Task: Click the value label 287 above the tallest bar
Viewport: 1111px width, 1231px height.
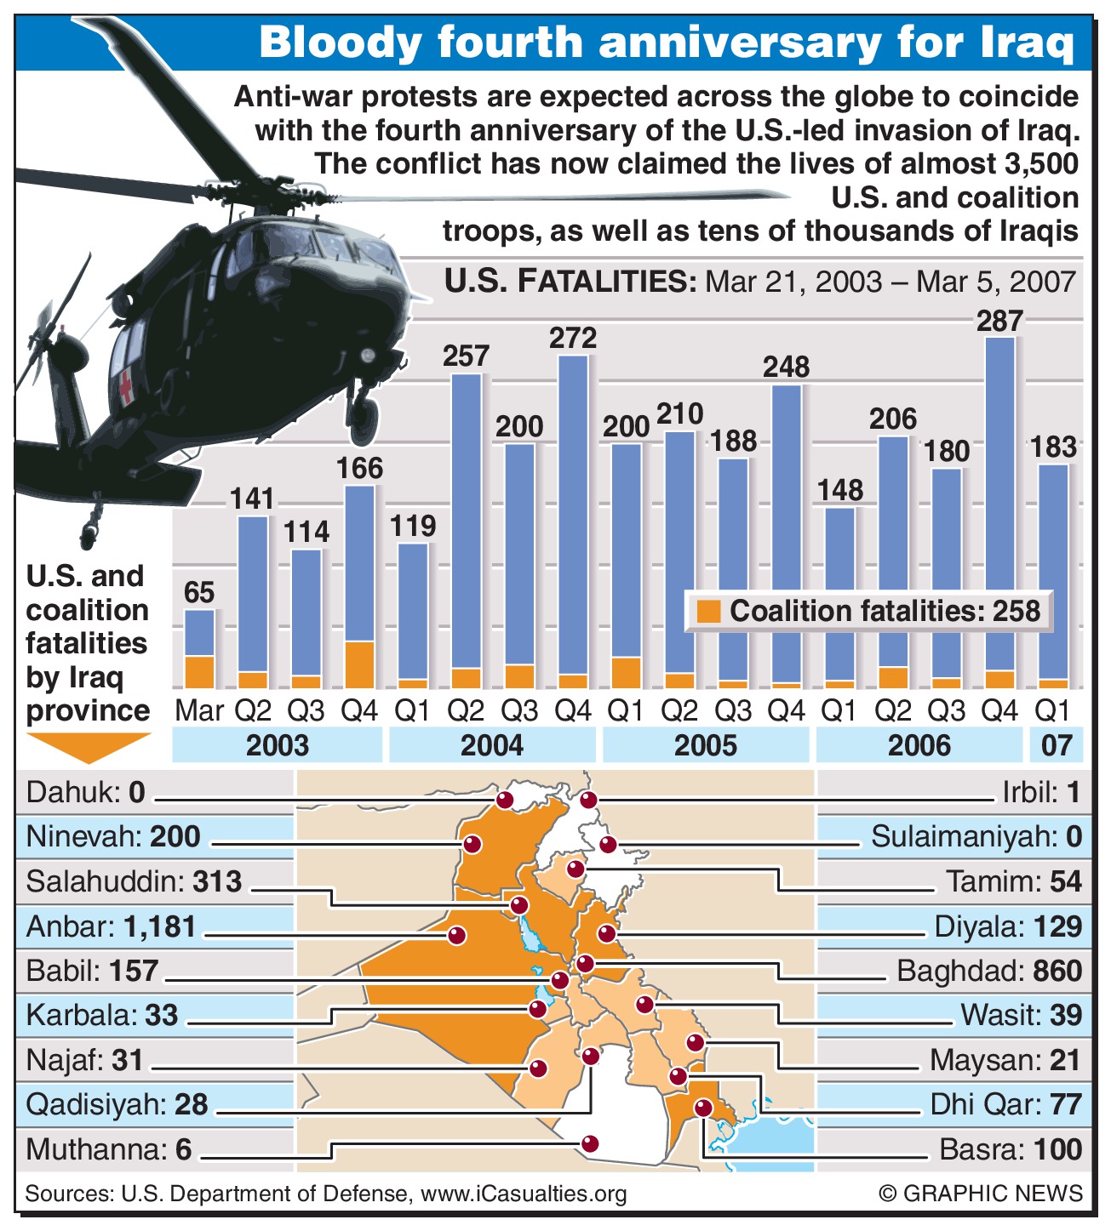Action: [999, 321]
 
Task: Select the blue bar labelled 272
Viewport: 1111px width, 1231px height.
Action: [573, 515]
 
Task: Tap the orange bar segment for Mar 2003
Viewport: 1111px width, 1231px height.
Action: [199, 671]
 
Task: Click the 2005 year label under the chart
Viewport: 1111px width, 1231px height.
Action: [705, 745]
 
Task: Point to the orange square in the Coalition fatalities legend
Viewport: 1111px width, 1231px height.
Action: [708, 611]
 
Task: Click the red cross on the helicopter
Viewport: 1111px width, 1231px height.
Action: [126, 387]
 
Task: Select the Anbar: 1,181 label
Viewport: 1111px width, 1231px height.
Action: [112, 926]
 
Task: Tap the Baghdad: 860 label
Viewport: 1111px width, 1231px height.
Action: [989, 971]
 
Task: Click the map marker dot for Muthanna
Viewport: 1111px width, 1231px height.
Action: [589, 1143]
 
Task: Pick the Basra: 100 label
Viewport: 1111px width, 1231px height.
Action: [1010, 1149]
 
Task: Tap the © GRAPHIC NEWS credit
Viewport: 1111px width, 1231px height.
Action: [981, 1194]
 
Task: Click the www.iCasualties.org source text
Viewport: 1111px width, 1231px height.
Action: [524, 1194]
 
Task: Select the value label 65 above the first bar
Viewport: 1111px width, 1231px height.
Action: [199, 592]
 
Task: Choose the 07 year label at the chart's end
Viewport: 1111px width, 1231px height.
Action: [1057, 745]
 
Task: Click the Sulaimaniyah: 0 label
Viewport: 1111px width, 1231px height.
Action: [976, 837]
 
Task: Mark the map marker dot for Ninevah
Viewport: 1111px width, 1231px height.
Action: [472, 845]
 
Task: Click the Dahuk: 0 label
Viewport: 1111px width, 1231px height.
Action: [86, 793]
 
